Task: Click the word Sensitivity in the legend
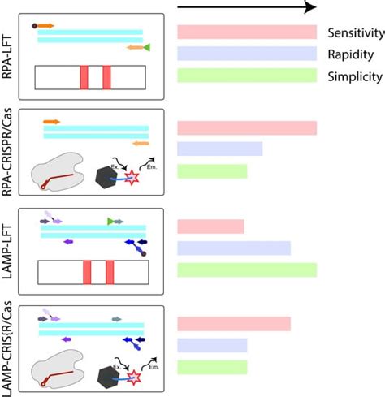pyautogui.click(x=355, y=33)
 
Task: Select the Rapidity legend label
pyautogui.click(x=351, y=55)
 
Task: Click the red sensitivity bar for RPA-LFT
pyautogui.click(x=246, y=32)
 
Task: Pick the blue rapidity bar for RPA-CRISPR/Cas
pyautogui.click(x=219, y=149)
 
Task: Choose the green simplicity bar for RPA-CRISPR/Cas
pyautogui.click(x=211, y=171)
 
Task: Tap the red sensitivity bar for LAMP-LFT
pyautogui.click(x=210, y=226)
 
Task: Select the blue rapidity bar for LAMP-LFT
pyautogui.click(x=233, y=248)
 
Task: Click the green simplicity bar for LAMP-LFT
pyautogui.click(x=246, y=270)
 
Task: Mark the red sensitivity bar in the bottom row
pyautogui.click(x=233, y=324)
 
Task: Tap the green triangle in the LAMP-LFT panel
pyautogui.click(x=111, y=221)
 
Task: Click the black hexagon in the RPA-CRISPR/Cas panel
pyautogui.click(x=105, y=175)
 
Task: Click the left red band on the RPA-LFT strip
pyautogui.click(x=84, y=77)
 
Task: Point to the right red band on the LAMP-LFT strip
pyautogui.click(x=110, y=272)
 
